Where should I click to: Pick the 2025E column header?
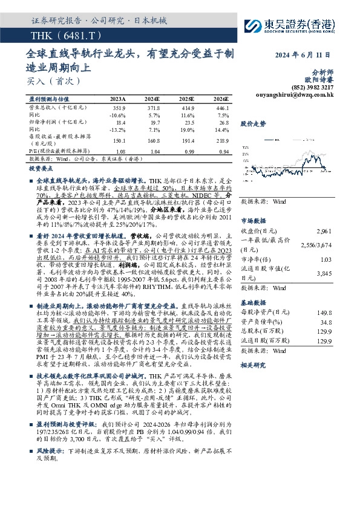point(186,99)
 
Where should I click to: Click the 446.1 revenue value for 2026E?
point(220,107)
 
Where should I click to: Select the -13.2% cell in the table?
point(118,129)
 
